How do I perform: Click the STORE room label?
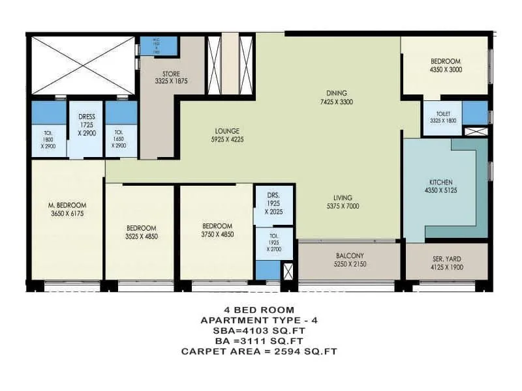tap(172, 74)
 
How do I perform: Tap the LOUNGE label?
tap(225, 130)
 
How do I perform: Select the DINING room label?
tap(337, 93)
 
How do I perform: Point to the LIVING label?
tap(341, 197)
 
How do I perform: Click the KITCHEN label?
tap(441, 182)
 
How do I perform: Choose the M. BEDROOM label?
tap(67, 205)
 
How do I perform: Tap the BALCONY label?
tap(350, 255)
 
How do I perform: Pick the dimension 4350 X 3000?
tap(446, 68)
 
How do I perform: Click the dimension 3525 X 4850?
tap(142, 236)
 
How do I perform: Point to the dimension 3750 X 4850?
tap(217, 234)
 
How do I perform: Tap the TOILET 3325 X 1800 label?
tap(444, 116)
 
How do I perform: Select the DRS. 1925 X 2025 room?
tap(273, 203)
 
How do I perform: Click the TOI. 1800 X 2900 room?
tap(49, 141)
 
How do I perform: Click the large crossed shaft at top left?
tap(82, 65)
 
